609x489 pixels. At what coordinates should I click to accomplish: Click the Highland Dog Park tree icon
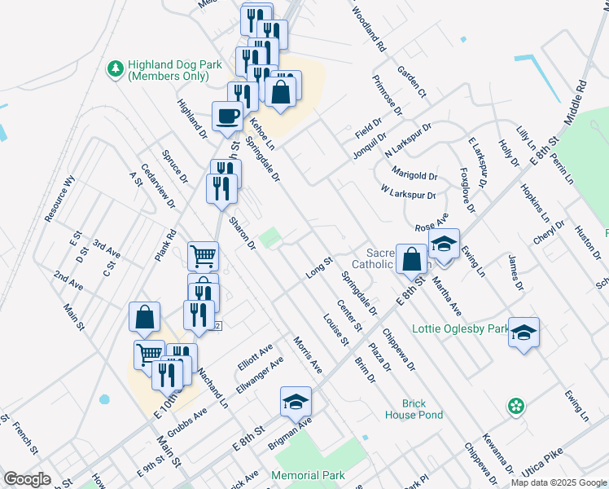pos(116,68)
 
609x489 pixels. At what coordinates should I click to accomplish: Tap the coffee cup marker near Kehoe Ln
pos(227,116)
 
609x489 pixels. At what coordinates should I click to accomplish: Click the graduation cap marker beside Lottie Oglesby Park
pos(524,333)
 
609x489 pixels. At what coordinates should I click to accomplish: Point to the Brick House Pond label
pos(414,409)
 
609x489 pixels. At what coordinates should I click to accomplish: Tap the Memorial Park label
pos(309,475)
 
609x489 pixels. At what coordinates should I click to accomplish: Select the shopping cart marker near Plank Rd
pos(203,257)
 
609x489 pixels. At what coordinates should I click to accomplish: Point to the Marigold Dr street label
pos(414,175)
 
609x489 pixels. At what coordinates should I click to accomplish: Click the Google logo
pos(27,480)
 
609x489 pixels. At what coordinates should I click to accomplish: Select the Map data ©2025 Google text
pos(559,482)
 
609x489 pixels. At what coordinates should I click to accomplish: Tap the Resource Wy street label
pos(60,199)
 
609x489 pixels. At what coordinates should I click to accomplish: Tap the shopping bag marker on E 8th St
pos(412,259)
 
